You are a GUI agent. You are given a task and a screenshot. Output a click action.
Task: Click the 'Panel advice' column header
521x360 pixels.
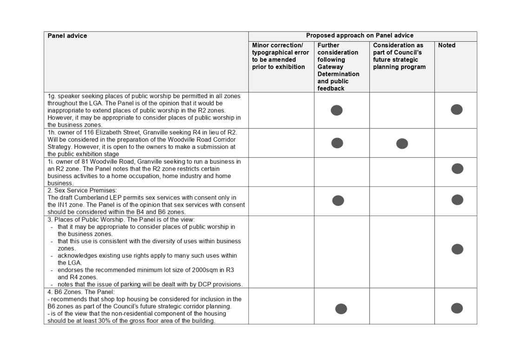click(x=67, y=36)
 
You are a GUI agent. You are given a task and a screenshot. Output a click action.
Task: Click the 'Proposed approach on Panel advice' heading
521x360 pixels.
click(x=359, y=35)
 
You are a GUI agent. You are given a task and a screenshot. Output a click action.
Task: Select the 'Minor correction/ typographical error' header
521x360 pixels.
click(x=280, y=56)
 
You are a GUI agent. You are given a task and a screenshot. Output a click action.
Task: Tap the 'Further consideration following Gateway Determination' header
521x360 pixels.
click(x=338, y=67)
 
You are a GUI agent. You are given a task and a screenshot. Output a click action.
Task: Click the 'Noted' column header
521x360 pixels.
click(x=447, y=45)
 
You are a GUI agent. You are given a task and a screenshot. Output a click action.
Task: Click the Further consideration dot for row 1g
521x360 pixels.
click(x=336, y=110)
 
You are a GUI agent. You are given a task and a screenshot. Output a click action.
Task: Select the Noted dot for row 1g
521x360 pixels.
click(x=456, y=109)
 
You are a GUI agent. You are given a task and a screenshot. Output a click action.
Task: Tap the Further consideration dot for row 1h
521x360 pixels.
click(x=337, y=143)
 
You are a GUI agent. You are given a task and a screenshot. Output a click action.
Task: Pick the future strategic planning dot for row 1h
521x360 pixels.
click(x=402, y=144)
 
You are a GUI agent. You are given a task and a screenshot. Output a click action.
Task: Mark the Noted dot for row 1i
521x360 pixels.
click(x=457, y=168)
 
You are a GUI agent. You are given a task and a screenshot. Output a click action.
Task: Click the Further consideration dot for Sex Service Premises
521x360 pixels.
click(x=338, y=200)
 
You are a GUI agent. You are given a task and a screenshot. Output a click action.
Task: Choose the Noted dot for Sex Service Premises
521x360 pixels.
click(x=457, y=200)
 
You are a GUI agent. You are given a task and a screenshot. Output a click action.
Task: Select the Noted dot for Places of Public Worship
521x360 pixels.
click(x=457, y=249)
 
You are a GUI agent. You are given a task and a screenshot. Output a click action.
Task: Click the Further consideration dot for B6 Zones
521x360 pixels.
click(x=341, y=308)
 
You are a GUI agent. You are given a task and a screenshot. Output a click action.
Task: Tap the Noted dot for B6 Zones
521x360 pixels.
click(x=457, y=308)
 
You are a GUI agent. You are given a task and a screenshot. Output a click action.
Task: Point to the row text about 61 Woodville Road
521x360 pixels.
click(x=144, y=172)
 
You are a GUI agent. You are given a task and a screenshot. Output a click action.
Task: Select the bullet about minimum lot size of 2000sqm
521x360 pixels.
click(x=145, y=273)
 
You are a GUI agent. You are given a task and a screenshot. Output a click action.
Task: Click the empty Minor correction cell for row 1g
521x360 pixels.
click(x=281, y=110)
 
